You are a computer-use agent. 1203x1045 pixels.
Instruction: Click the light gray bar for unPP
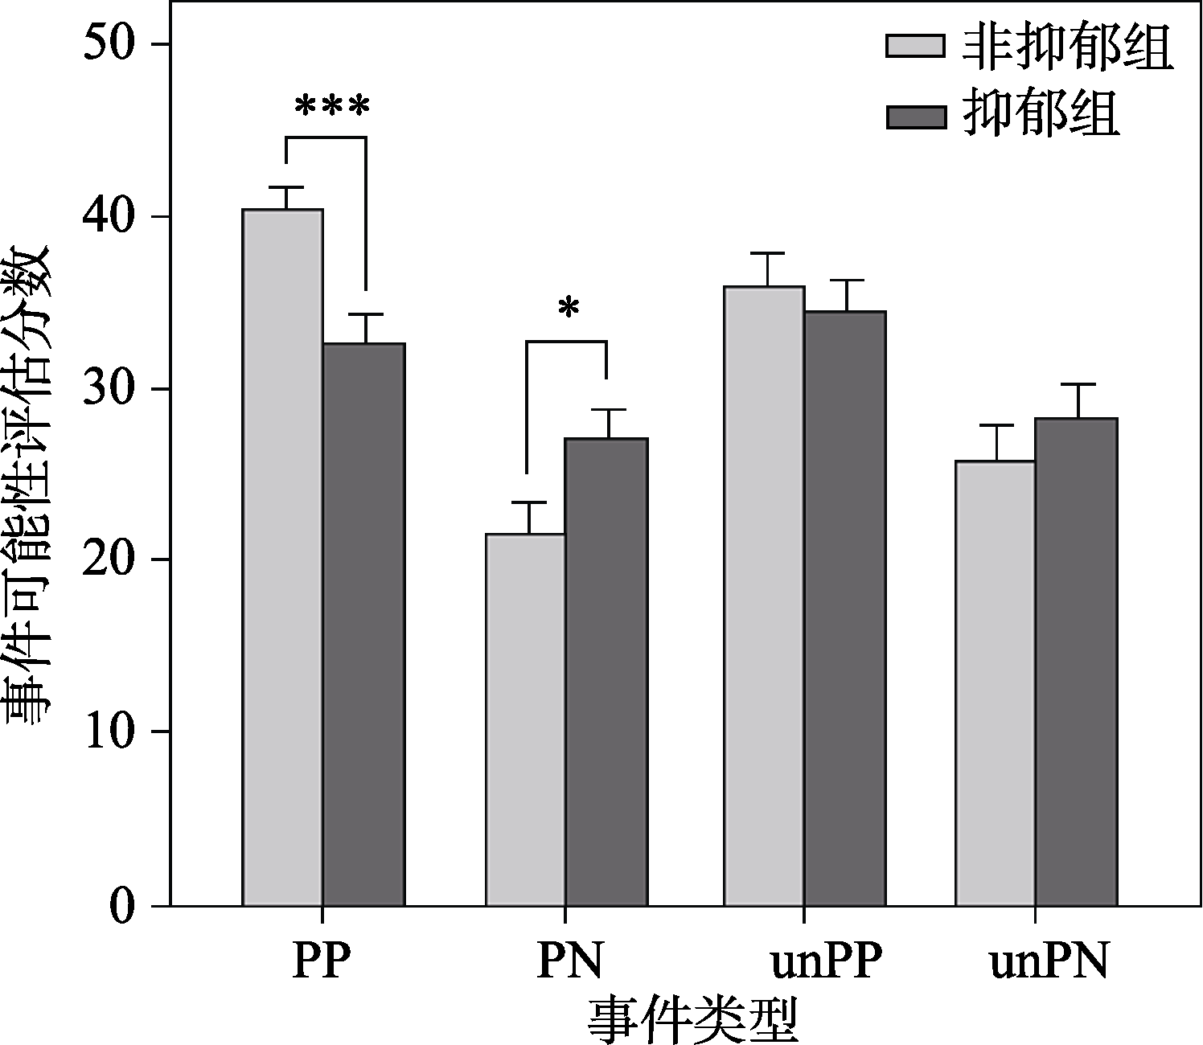click(764, 596)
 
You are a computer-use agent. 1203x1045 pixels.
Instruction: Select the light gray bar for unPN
click(996, 683)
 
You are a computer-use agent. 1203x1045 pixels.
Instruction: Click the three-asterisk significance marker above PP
click(332, 106)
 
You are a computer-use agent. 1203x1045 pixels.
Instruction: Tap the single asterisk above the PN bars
click(569, 309)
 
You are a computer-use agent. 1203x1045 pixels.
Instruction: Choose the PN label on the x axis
click(569, 961)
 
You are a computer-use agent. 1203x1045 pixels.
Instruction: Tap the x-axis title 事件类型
click(692, 1019)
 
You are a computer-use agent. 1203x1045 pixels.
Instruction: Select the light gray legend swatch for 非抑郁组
click(915, 46)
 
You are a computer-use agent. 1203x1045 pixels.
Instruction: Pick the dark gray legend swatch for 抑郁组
click(915, 117)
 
